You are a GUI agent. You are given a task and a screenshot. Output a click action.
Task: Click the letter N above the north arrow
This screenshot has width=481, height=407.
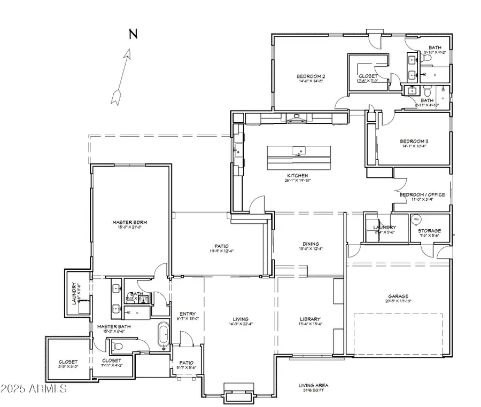coord(133,35)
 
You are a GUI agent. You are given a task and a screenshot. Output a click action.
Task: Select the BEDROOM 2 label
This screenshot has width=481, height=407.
coord(311,76)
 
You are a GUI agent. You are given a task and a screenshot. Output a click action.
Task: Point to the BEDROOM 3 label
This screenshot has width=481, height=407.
coord(414,142)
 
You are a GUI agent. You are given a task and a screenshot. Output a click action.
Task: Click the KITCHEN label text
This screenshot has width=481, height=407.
coord(297,175)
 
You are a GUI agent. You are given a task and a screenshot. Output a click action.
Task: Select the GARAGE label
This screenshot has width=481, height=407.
coord(398,296)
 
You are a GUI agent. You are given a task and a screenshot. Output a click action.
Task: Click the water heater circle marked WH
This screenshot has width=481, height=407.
coord(416,218)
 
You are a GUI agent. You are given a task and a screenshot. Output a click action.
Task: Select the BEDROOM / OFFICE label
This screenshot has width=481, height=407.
coord(422,194)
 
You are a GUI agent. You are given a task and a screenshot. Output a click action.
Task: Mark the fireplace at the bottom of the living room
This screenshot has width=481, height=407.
coord(231,394)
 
